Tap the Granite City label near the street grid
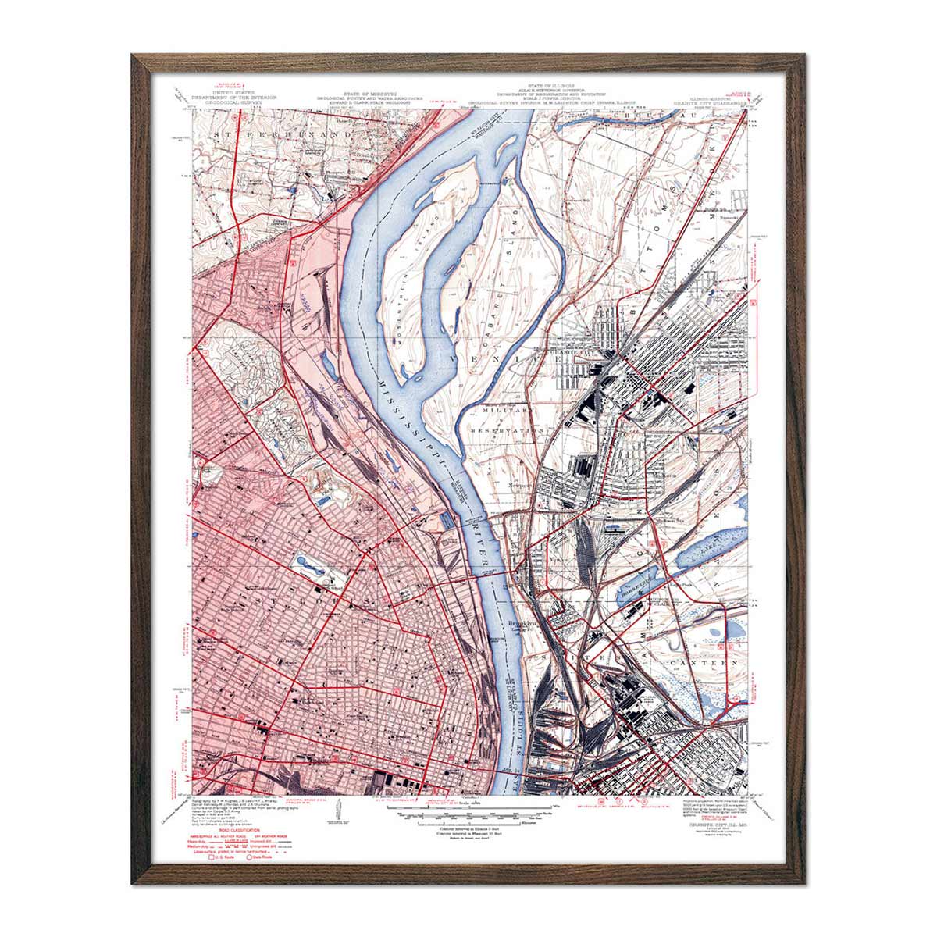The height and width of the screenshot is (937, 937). [566, 352]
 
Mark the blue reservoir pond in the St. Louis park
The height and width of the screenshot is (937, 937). [308, 563]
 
